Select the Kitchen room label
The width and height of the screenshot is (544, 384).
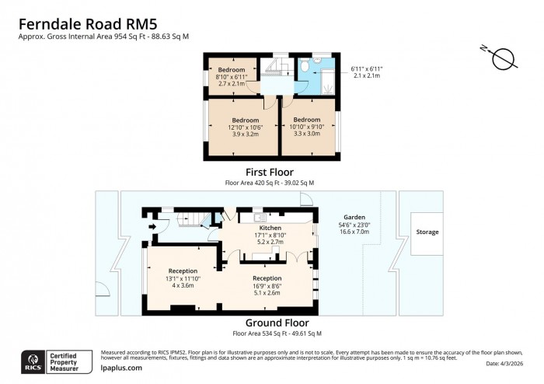click(259, 228)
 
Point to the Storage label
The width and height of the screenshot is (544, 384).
click(427, 232)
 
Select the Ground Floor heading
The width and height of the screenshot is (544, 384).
click(277, 323)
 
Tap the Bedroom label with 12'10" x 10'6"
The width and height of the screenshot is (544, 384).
click(244, 120)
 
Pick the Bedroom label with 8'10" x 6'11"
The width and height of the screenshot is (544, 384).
click(231, 70)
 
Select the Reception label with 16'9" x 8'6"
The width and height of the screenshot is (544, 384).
click(267, 278)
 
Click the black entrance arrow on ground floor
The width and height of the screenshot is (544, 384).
click(153, 227)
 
